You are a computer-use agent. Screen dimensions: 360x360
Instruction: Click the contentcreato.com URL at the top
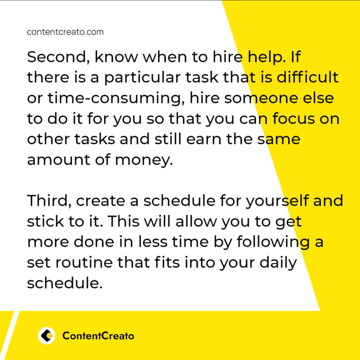click(65, 32)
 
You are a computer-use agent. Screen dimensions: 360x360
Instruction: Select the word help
click(267, 57)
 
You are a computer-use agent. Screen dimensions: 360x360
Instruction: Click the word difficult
click(307, 77)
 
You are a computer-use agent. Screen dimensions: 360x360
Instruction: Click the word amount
click(59, 160)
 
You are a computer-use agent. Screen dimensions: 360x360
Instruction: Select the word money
click(144, 160)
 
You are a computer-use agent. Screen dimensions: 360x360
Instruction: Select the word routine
click(84, 262)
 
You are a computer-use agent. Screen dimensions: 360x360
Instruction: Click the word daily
click(278, 263)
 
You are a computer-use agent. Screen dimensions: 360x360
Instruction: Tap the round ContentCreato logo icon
click(47, 336)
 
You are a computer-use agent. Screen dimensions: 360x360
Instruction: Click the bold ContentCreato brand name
click(98, 336)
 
